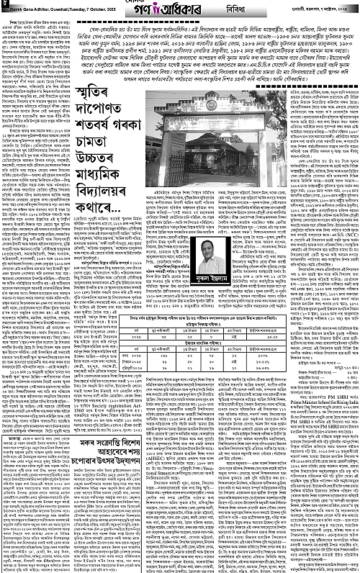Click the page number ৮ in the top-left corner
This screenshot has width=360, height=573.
tap(4, 6)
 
